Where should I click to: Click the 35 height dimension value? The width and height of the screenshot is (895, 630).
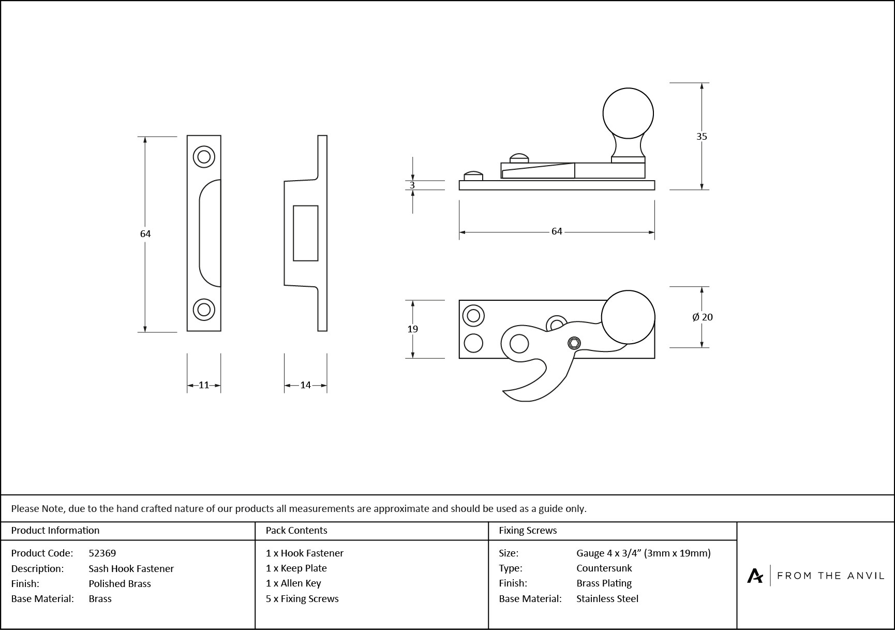[701, 137]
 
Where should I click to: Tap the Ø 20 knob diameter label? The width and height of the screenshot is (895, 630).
[702, 317]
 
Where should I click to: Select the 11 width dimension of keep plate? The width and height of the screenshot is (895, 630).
[204, 385]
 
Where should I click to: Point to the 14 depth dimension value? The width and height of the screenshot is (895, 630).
[305, 385]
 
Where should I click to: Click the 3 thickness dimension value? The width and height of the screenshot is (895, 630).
[412, 185]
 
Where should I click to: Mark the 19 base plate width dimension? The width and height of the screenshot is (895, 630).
[412, 329]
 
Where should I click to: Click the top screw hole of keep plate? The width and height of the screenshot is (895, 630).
[204, 156]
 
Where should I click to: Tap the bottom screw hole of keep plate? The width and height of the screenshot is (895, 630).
[204, 310]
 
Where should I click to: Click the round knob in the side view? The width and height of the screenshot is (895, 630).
[628, 113]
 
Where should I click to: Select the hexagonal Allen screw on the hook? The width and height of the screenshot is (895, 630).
[574, 343]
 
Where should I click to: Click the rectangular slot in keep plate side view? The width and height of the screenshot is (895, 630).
[305, 233]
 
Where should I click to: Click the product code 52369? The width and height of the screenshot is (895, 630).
[102, 553]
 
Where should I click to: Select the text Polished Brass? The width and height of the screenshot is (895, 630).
[120, 584]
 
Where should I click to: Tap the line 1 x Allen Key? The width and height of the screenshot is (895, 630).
[293, 583]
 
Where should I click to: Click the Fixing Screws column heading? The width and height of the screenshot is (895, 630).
[528, 531]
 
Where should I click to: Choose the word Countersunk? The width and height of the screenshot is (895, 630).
[604, 568]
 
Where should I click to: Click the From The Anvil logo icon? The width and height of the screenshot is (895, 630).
[755, 576]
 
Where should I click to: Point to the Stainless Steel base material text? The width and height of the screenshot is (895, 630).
[607, 599]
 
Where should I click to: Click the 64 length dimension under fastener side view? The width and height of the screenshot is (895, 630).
[557, 231]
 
